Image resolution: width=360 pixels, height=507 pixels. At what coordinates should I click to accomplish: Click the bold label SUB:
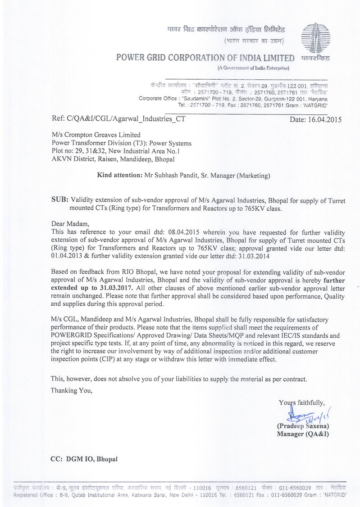click(59, 200)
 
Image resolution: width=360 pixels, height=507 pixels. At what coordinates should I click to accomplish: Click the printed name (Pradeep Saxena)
click(303, 426)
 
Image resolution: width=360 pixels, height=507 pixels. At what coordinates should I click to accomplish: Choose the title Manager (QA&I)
click(303, 434)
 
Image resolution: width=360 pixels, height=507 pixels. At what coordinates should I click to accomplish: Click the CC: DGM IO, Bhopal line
click(84, 459)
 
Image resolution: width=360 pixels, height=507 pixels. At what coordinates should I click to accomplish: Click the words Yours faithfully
click(301, 403)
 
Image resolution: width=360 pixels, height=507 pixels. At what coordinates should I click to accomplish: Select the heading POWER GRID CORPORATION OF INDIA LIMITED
click(205, 58)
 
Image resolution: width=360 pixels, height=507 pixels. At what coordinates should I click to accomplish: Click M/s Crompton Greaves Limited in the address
click(96, 135)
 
